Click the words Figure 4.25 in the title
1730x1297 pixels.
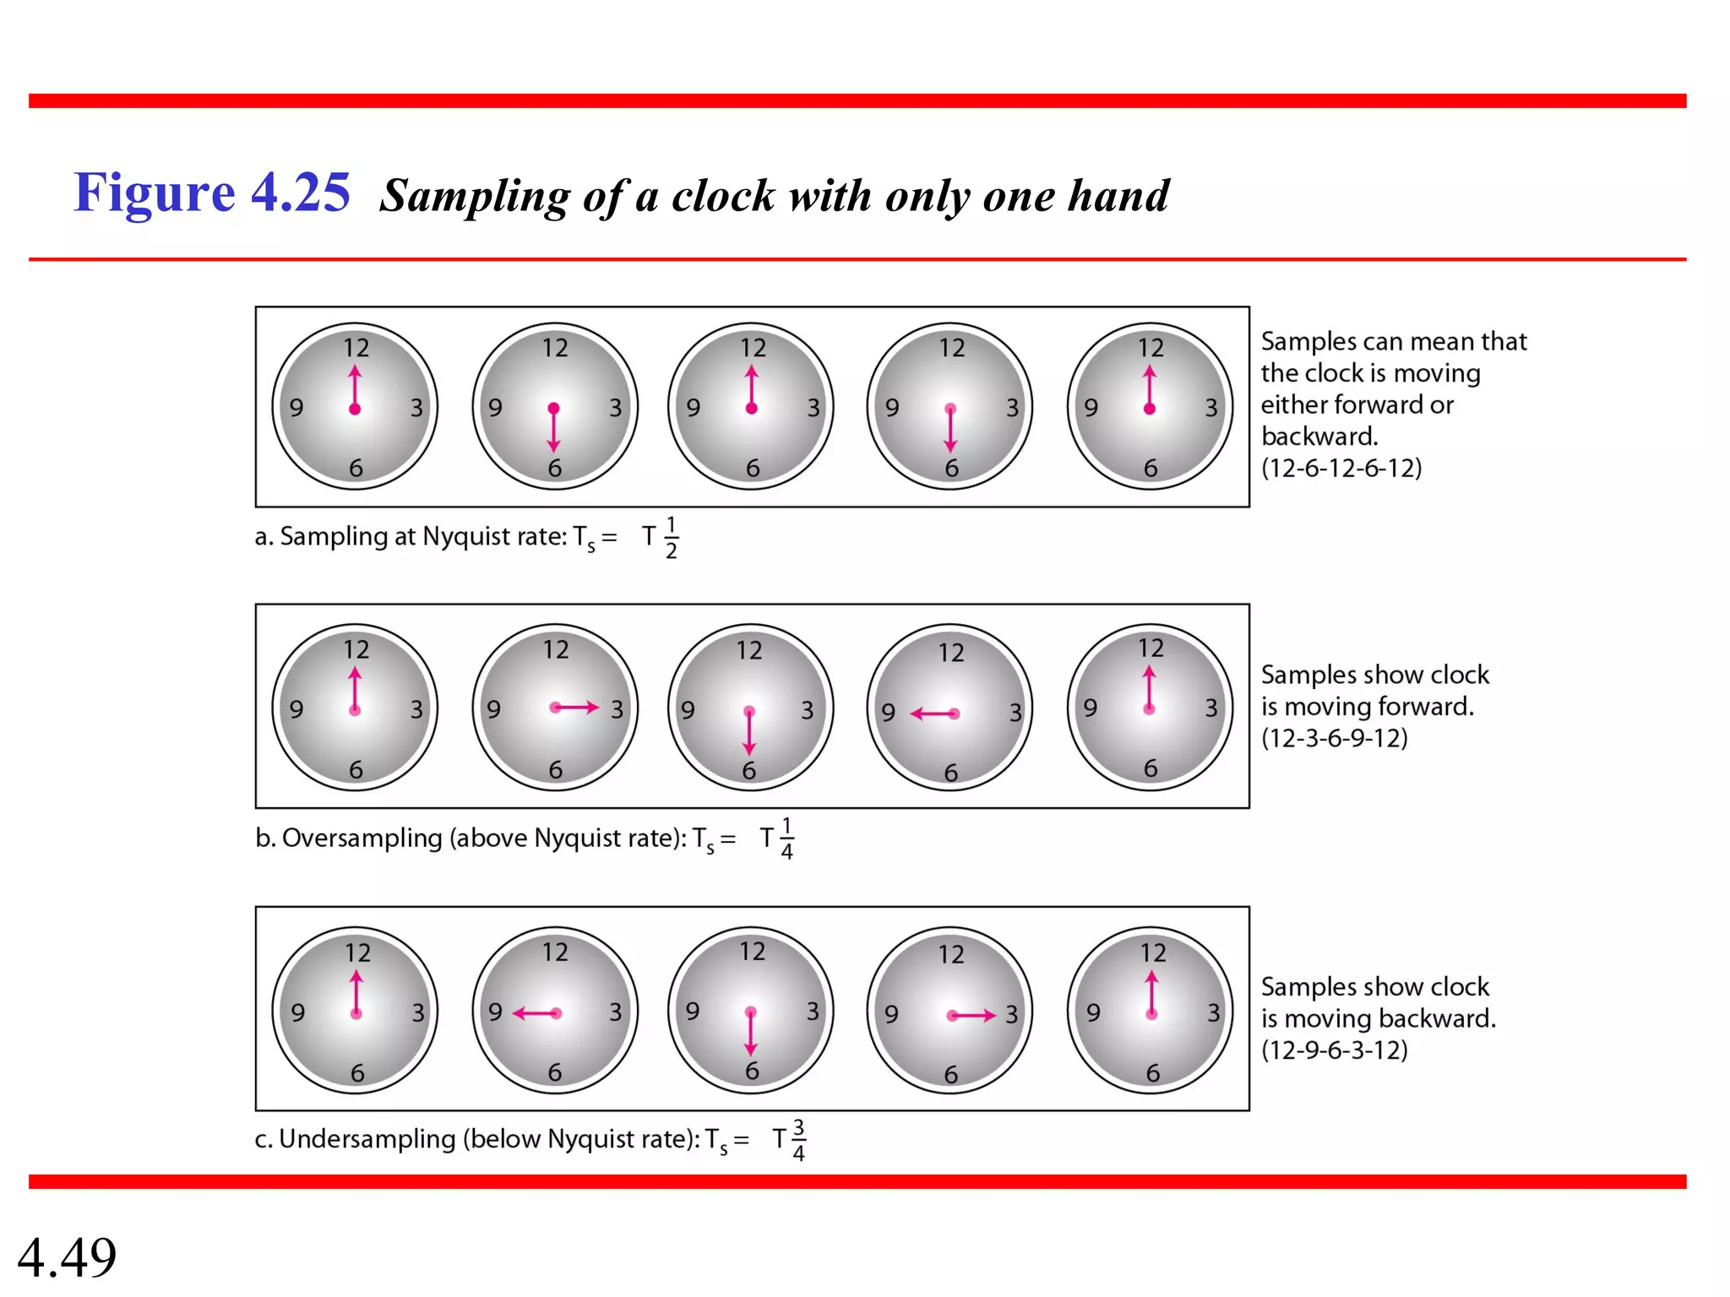[x=211, y=193]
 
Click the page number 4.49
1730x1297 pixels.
[x=67, y=1257]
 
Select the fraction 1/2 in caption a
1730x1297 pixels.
[x=671, y=538]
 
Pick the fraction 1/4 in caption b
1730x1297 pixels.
[x=786, y=838]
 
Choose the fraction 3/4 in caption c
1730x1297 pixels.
[x=798, y=1140]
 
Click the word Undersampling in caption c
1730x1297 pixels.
[x=367, y=1139]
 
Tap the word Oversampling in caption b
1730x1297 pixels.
[x=362, y=838]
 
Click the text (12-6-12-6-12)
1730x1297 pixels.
[x=1341, y=468]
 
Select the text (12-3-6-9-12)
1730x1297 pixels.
[x=1334, y=738]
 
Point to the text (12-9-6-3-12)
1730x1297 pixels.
[x=1334, y=1050]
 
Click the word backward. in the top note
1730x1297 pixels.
[x=1319, y=437]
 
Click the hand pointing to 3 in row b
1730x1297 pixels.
[x=575, y=708]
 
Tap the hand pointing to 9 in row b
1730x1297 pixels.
[x=933, y=714]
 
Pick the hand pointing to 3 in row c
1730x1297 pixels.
[x=972, y=1015]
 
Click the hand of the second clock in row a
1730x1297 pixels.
[x=553, y=429]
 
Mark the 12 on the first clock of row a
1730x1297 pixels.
[x=356, y=348]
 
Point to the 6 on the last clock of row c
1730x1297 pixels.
[x=1152, y=1073]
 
